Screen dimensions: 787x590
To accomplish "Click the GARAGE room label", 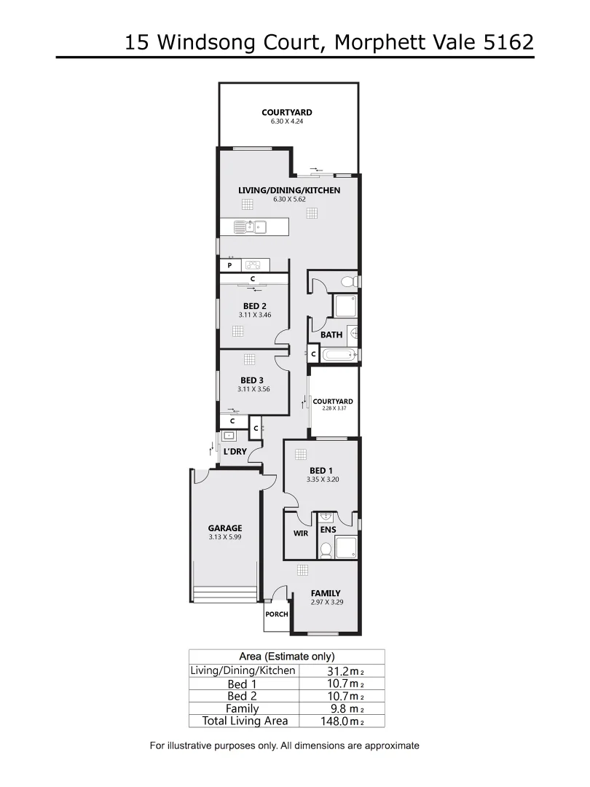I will coord(224,528).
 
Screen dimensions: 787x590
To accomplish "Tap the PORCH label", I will coord(277,614).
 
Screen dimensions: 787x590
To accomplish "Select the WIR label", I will coord(301,533).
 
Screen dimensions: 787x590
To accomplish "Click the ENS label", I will coord(328,530).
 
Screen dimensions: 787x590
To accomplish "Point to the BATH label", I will coord(331,335).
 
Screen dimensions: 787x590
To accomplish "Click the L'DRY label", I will coord(235,452).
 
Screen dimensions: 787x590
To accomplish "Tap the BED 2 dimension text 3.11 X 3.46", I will coord(254,315).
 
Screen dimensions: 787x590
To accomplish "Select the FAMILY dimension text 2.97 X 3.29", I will coord(325,602).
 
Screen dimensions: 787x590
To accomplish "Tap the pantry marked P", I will coord(228,266).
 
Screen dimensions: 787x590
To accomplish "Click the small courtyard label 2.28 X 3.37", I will coord(333,410).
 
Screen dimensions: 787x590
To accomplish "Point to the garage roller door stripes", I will coord(225,591).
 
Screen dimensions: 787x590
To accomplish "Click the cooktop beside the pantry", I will coord(253,265).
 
